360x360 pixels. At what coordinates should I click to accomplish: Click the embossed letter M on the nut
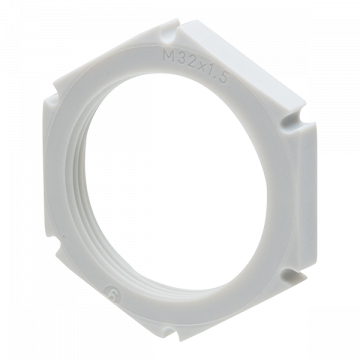pos(169,56)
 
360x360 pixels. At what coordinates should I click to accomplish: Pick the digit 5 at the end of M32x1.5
pos(223,79)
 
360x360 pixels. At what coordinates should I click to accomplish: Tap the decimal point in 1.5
pos(216,80)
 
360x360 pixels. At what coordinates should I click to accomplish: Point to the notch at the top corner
pos(171,31)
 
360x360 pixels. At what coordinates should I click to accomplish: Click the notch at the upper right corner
pos(295,119)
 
